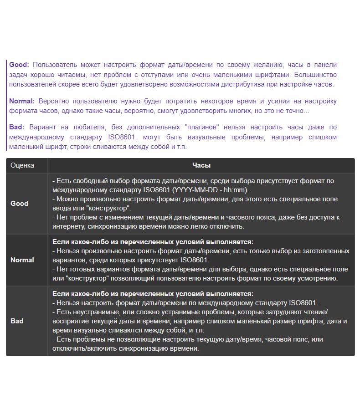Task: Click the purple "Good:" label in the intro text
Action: pyautogui.click(x=19, y=65)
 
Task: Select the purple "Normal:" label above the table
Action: pyautogui.click(x=22, y=101)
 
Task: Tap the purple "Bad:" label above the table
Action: pyautogui.click(x=17, y=127)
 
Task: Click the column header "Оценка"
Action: pyautogui.click(x=22, y=165)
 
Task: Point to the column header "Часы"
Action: pyautogui.click(x=201, y=165)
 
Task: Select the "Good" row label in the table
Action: pyautogui.click(x=20, y=204)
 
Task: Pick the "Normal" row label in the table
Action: pyautogui.click(x=22, y=260)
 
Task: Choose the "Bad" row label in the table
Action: pyautogui.click(x=17, y=321)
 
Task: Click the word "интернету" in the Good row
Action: pyautogui.click(x=68, y=226)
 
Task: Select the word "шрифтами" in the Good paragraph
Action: pyautogui.click(x=274, y=74)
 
